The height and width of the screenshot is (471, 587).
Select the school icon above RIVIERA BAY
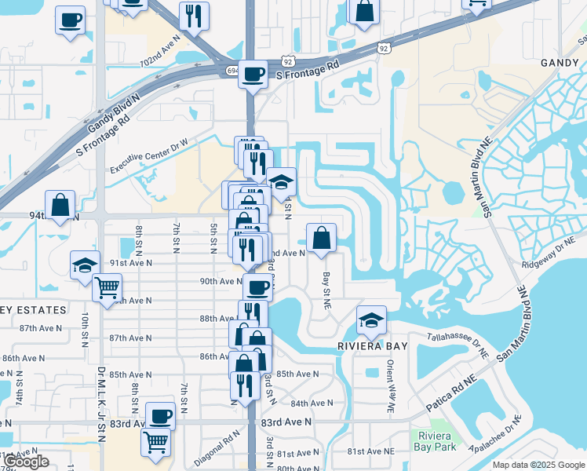(371, 319)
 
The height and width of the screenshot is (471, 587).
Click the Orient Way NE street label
(390, 387)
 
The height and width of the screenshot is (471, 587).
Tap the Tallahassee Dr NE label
(458, 345)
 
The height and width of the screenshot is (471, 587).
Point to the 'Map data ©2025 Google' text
(538, 465)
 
